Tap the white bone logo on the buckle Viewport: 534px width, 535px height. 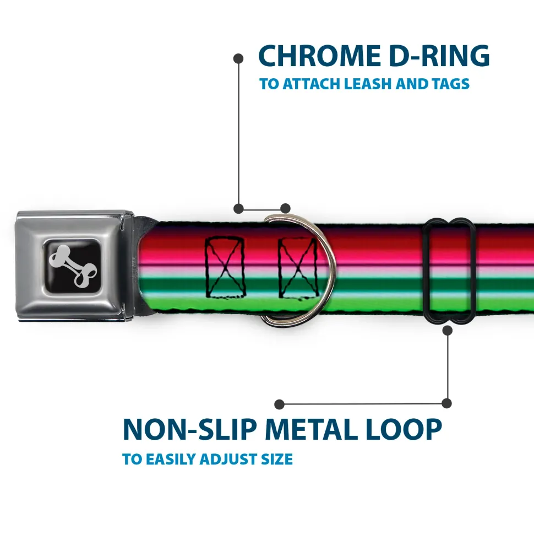point(73,266)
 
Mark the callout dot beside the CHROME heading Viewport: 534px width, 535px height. point(238,57)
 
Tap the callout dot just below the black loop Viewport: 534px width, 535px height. point(447,330)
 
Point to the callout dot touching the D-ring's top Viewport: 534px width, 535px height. point(285,208)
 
